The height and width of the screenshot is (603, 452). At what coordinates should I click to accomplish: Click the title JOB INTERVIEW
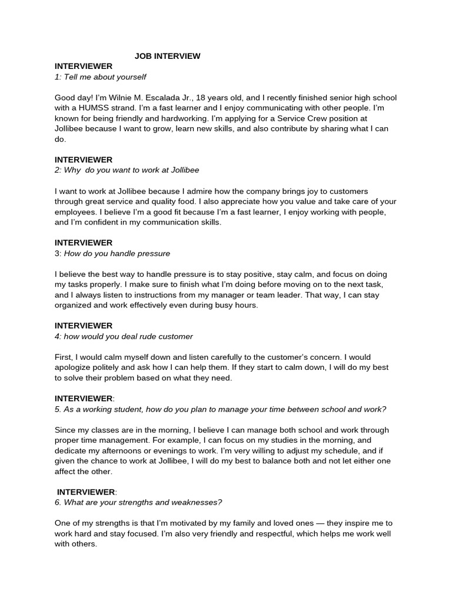pos(167,56)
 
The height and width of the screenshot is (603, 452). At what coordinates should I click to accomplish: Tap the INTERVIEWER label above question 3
pos(84,243)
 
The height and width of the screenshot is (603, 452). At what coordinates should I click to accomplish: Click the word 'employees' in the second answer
pos(76,212)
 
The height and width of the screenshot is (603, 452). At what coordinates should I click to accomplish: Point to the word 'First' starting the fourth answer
pos(64,357)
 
